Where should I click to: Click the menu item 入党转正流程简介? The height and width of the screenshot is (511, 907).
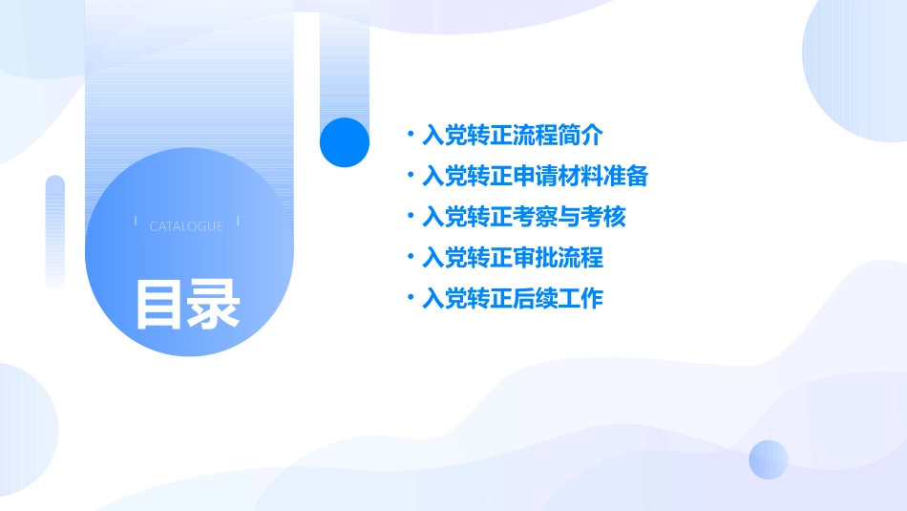513,136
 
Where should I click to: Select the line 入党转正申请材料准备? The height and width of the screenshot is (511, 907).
535,177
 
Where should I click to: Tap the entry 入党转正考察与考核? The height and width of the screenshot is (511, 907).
524,217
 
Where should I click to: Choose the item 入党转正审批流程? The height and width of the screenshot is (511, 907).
513,258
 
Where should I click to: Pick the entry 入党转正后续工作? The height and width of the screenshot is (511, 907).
513,299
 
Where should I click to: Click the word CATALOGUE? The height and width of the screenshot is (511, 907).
186,226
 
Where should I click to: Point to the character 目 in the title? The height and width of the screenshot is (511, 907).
158,304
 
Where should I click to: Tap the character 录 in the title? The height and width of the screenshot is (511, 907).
214,304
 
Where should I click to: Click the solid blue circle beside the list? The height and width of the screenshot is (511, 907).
345,142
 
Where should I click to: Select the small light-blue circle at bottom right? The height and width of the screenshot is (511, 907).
769,459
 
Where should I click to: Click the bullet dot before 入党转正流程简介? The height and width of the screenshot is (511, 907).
411,135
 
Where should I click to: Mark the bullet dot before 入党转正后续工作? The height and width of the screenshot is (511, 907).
411,298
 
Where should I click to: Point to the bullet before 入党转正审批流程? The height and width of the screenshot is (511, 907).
411,257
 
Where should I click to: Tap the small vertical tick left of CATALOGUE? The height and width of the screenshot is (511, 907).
137,222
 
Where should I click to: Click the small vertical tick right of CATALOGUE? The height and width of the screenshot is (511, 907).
237,222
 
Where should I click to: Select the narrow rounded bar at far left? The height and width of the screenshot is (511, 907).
55,229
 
